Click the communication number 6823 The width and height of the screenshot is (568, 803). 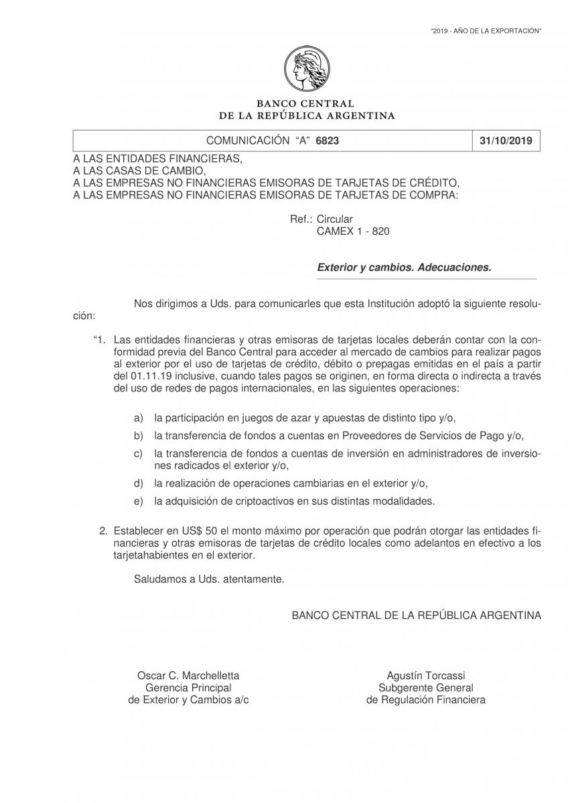click(336, 141)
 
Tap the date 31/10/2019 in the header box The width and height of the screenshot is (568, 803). click(506, 141)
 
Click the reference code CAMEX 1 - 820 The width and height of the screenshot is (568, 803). click(352, 231)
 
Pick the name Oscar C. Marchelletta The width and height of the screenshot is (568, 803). click(188, 676)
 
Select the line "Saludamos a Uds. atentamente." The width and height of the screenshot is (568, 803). click(209, 579)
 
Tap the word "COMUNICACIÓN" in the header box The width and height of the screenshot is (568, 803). click(246, 141)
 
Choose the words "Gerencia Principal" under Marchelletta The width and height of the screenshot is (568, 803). click(188, 688)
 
